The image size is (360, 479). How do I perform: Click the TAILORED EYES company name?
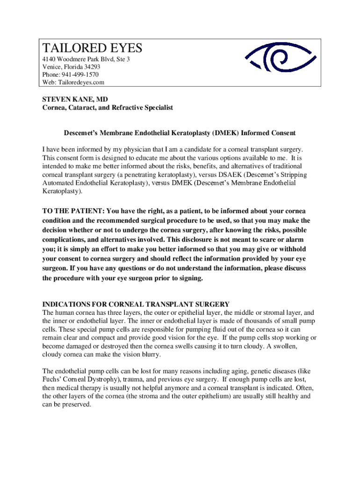pos(92,48)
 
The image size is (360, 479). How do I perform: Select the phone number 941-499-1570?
pos(80,75)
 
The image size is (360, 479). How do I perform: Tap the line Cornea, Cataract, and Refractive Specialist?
pos(108,108)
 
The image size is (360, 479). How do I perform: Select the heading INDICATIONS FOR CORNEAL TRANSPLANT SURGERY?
pos(136,304)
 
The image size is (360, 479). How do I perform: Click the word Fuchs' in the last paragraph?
pos(52,380)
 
